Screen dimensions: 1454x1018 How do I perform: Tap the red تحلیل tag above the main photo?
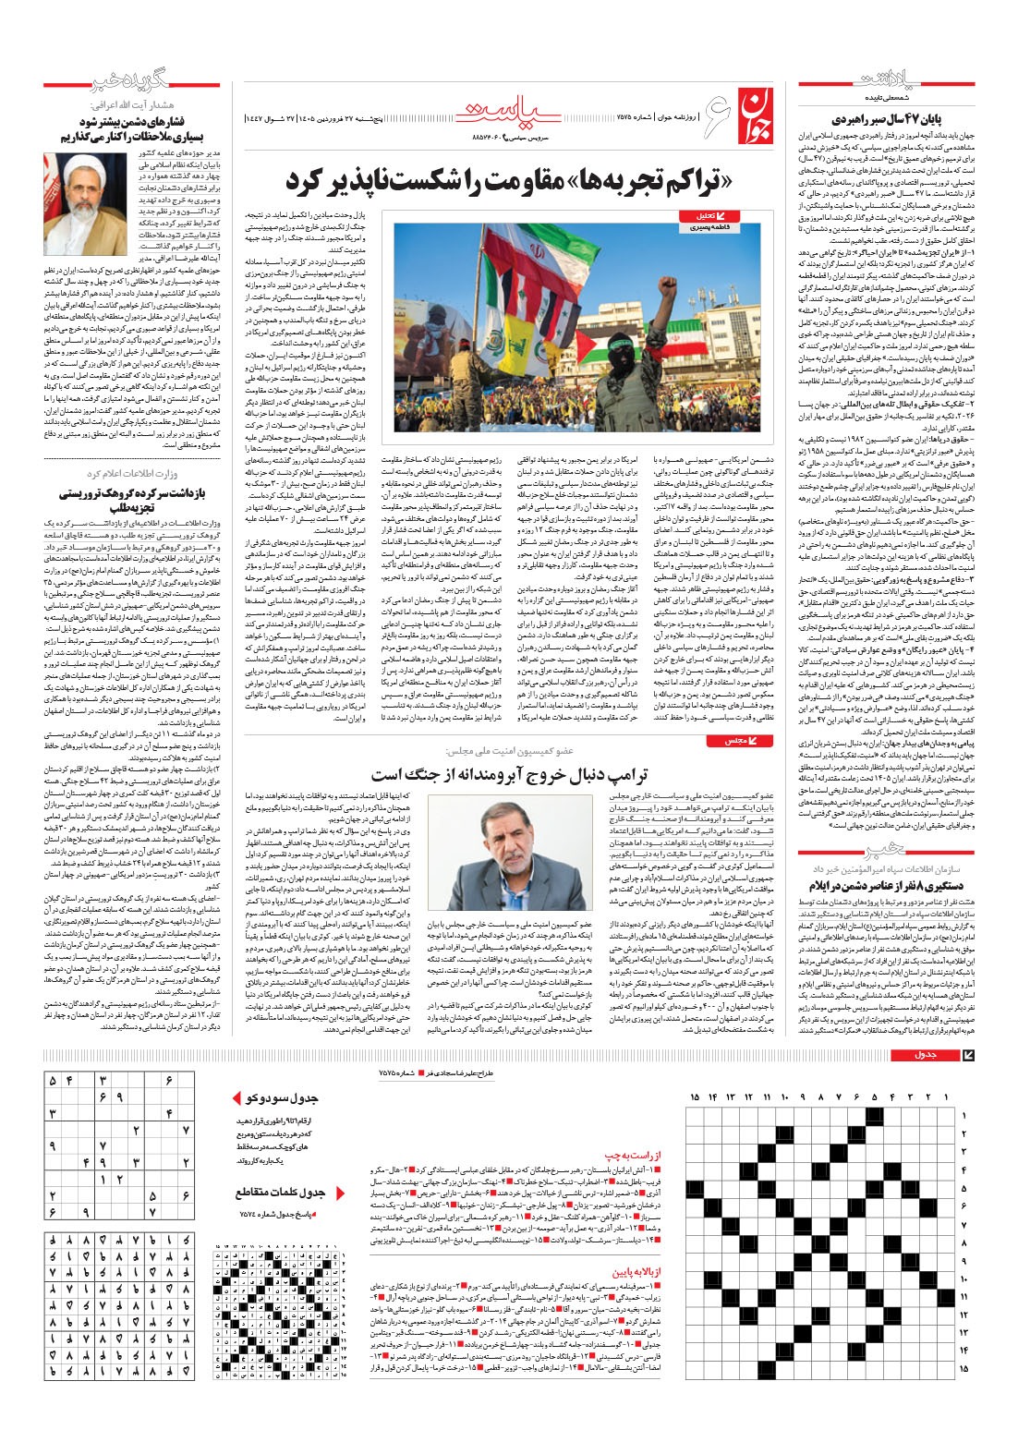[697, 215]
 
